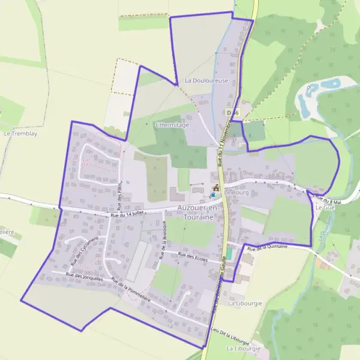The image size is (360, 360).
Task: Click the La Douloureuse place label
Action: pos(206,80)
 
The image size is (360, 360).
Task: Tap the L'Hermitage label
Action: pos(172,125)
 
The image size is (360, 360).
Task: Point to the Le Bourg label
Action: pos(237,193)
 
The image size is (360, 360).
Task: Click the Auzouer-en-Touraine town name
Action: pos(200,211)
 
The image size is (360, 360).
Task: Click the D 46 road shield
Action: pos(233,112)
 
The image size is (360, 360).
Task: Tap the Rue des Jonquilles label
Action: pos(77,277)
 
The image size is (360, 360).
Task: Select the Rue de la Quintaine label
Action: pos(268,247)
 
